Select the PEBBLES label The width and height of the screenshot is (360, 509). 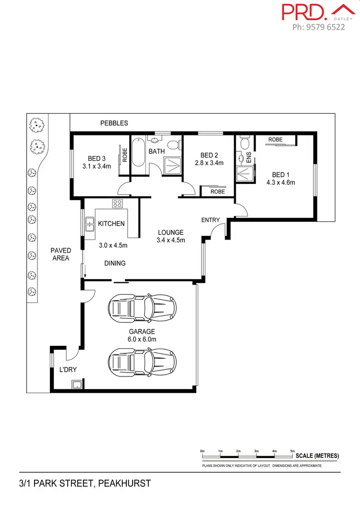click(114, 123)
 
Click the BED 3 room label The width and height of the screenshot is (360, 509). click(96, 158)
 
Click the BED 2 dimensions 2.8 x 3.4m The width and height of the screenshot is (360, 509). click(209, 163)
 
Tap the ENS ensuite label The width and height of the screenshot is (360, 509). click(249, 158)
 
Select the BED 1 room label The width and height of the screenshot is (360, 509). click(281, 174)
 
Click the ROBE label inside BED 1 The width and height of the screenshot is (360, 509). click(276, 139)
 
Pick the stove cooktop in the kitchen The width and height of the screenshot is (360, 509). click(118, 203)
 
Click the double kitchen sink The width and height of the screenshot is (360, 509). click(89, 224)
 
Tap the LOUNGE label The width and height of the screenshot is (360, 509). click(171, 232)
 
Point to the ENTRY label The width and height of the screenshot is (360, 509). click(210, 220)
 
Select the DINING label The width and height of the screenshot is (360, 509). click(115, 263)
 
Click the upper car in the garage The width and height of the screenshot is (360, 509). click(142, 308)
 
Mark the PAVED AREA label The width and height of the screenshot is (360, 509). click(61, 254)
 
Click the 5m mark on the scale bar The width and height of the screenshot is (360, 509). click(292, 451)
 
